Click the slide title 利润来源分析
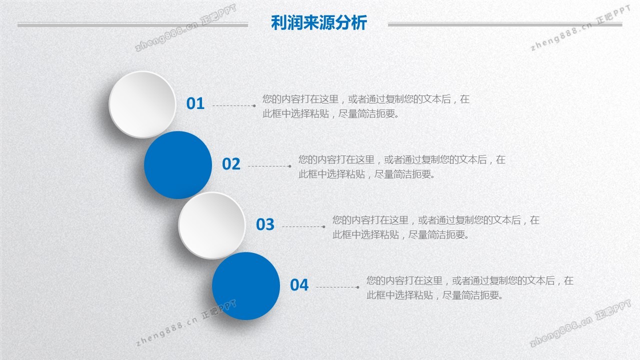coord(319,22)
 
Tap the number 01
coord(195,103)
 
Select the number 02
coord(231,164)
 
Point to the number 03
coord(265,224)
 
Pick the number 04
coord(299,285)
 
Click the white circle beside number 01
coord(142,104)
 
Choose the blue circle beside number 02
coord(177,165)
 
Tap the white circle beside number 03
coord(211,225)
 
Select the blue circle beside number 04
coord(245,286)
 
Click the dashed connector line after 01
coord(234,105)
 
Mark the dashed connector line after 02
coord(269,166)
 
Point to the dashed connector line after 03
coord(303,226)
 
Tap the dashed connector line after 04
coord(337,287)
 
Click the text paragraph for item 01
coord(366,106)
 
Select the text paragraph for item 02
coord(402,167)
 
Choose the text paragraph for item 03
coord(436,227)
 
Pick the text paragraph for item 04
coord(470,288)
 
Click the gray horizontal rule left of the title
coord(133,25)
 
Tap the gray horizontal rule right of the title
coord(505,24)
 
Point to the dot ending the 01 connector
coord(254,105)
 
